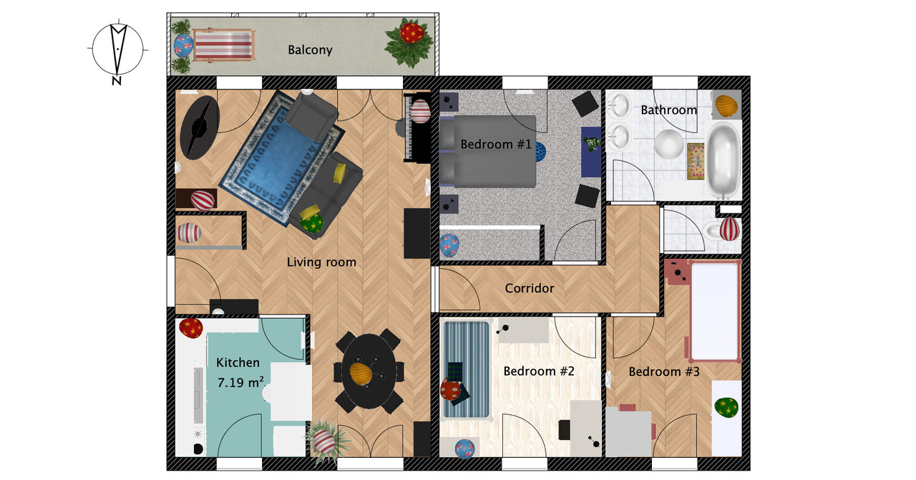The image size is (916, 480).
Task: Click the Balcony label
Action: pos(310,50)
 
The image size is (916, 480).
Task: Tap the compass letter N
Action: pos(117,81)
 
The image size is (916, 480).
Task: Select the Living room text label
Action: pos(321,262)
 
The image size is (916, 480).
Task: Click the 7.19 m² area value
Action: pos(240,383)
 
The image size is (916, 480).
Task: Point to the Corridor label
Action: pos(530,288)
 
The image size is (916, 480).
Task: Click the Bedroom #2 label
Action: pos(539,371)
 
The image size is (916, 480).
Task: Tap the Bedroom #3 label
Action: pos(664,372)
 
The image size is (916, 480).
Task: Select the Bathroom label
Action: pos(669,110)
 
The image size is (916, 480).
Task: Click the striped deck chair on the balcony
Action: pos(223,44)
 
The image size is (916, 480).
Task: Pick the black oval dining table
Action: pos(369,370)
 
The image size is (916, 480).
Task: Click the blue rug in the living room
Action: pos(282,158)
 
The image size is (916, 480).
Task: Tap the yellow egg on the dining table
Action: pos(361,373)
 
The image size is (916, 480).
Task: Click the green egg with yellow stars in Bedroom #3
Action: pos(726,408)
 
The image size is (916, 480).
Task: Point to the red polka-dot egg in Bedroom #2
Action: pos(451,390)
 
